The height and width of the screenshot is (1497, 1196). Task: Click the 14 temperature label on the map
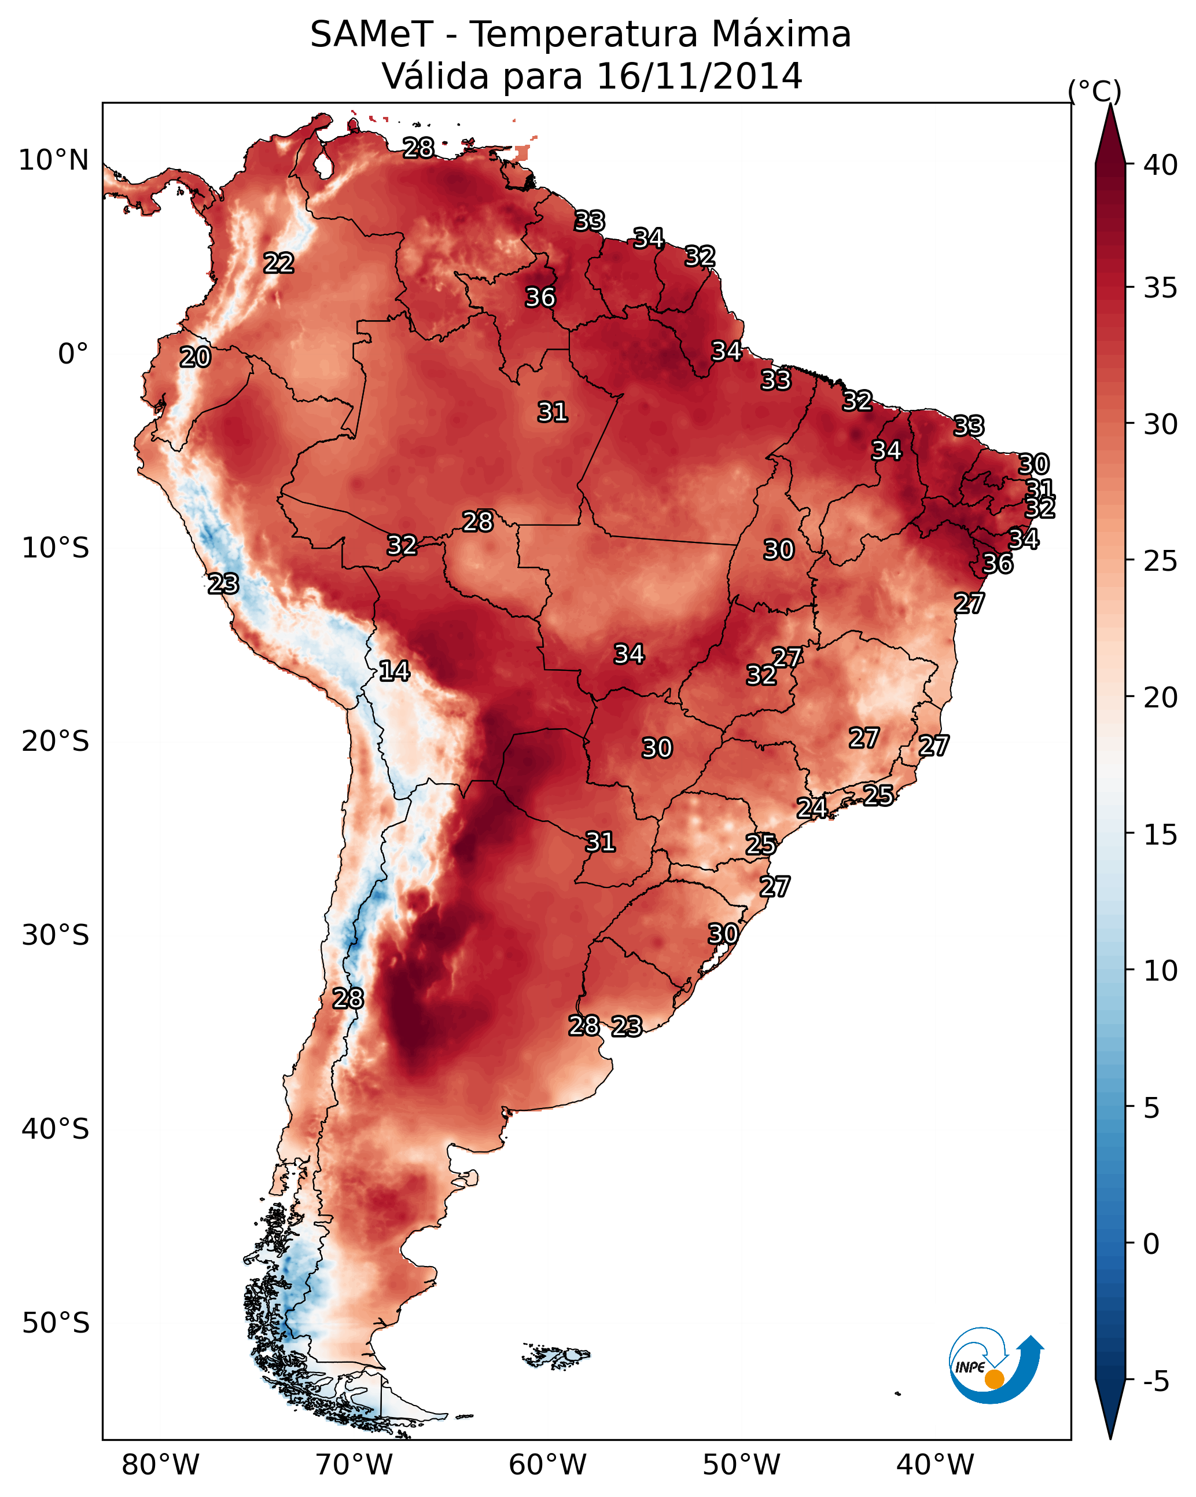(394, 671)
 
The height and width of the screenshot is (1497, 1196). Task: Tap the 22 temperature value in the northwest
(279, 263)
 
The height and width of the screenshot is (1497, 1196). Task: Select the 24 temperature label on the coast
(811, 808)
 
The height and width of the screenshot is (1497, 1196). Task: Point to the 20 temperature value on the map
(195, 358)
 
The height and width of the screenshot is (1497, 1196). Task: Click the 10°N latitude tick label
(53, 160)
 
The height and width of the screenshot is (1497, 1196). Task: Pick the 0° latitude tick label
(73, 354)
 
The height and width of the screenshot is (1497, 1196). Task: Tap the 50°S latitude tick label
(56, 1323)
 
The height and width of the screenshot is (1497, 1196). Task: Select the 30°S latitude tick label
(56, 935)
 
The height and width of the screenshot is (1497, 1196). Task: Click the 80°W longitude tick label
(160, 1465)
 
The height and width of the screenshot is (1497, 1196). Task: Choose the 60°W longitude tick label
(548, 1465)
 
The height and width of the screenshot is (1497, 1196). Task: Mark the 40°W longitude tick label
(935, 1465)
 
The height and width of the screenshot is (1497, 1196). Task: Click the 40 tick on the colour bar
(1161, 165)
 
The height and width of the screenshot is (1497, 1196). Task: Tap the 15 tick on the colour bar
(1161, 835)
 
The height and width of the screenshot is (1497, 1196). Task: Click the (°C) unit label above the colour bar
(1095, 91)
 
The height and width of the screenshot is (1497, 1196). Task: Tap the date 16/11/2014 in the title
(699, 76)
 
